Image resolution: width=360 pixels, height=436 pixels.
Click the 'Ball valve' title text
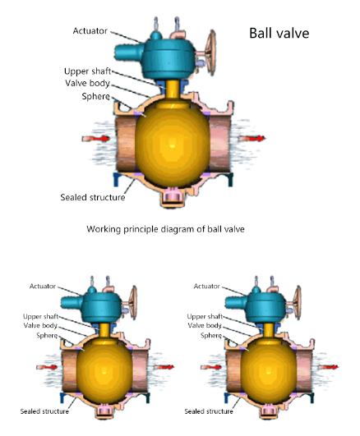click(279, 33)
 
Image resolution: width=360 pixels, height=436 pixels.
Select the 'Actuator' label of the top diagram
click(90, 30)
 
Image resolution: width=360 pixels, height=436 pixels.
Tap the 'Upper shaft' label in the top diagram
click(87, 71)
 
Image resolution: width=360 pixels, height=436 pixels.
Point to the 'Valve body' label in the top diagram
click(87, 83)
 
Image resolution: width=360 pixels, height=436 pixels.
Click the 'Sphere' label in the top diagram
click(96, 96)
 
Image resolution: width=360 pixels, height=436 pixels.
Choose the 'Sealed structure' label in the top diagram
click(93, 197)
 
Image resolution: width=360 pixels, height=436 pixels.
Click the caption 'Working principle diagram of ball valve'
click(165, 229)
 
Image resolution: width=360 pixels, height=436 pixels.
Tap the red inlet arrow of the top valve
click(95, 138)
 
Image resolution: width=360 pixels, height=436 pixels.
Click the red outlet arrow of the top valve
click(252, 138)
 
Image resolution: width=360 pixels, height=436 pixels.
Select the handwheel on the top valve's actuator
click(210, 53)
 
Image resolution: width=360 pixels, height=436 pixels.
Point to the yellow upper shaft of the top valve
click(173, 89)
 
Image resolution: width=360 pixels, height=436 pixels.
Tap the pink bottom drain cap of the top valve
click(173, 197)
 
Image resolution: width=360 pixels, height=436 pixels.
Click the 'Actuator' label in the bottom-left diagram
click(43, 286)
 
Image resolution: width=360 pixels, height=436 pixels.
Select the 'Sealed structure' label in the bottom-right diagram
click(209, 411)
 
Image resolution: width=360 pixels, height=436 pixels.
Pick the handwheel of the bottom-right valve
click(298, 302)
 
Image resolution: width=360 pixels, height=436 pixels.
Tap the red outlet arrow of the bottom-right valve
click(328, 367)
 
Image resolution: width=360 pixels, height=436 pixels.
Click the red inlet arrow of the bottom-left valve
click(47, 367)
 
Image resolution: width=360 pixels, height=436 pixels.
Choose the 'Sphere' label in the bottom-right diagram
click(211, 335)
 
